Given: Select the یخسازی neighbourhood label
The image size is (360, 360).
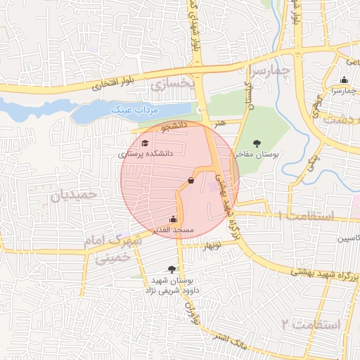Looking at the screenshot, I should click(170, 86).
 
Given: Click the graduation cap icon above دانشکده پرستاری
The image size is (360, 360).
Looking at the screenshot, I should click(145, 143).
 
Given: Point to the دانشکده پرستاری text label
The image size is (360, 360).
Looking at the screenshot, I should click(145, 153).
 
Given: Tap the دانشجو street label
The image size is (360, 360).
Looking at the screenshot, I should click(175, 127).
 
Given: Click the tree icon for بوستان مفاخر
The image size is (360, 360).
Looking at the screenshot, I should click(266, 143).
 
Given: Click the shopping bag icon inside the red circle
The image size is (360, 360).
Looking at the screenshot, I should click(191, 180).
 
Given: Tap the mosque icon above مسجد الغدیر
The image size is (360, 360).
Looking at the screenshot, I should click(174, 219).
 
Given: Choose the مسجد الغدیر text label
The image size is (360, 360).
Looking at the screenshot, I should click(174, 230).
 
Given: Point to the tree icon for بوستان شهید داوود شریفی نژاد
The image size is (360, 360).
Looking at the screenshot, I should click(172, 269).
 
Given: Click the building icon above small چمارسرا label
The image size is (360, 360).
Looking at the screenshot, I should click(344, 79).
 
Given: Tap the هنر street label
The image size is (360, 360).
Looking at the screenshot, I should click(222, 123).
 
